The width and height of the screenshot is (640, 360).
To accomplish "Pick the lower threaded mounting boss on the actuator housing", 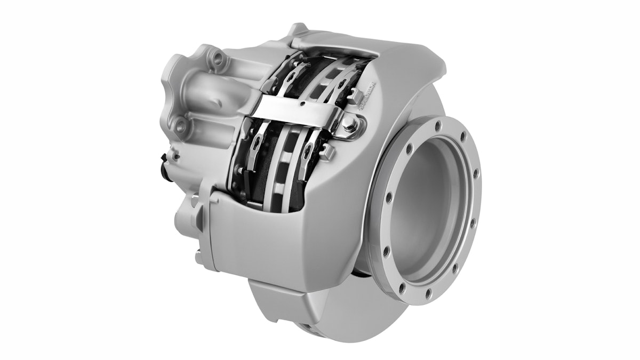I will point(181,126).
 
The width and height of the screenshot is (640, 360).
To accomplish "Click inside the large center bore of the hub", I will point(427,208).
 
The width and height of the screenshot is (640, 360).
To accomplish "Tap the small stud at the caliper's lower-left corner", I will point(198,256).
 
